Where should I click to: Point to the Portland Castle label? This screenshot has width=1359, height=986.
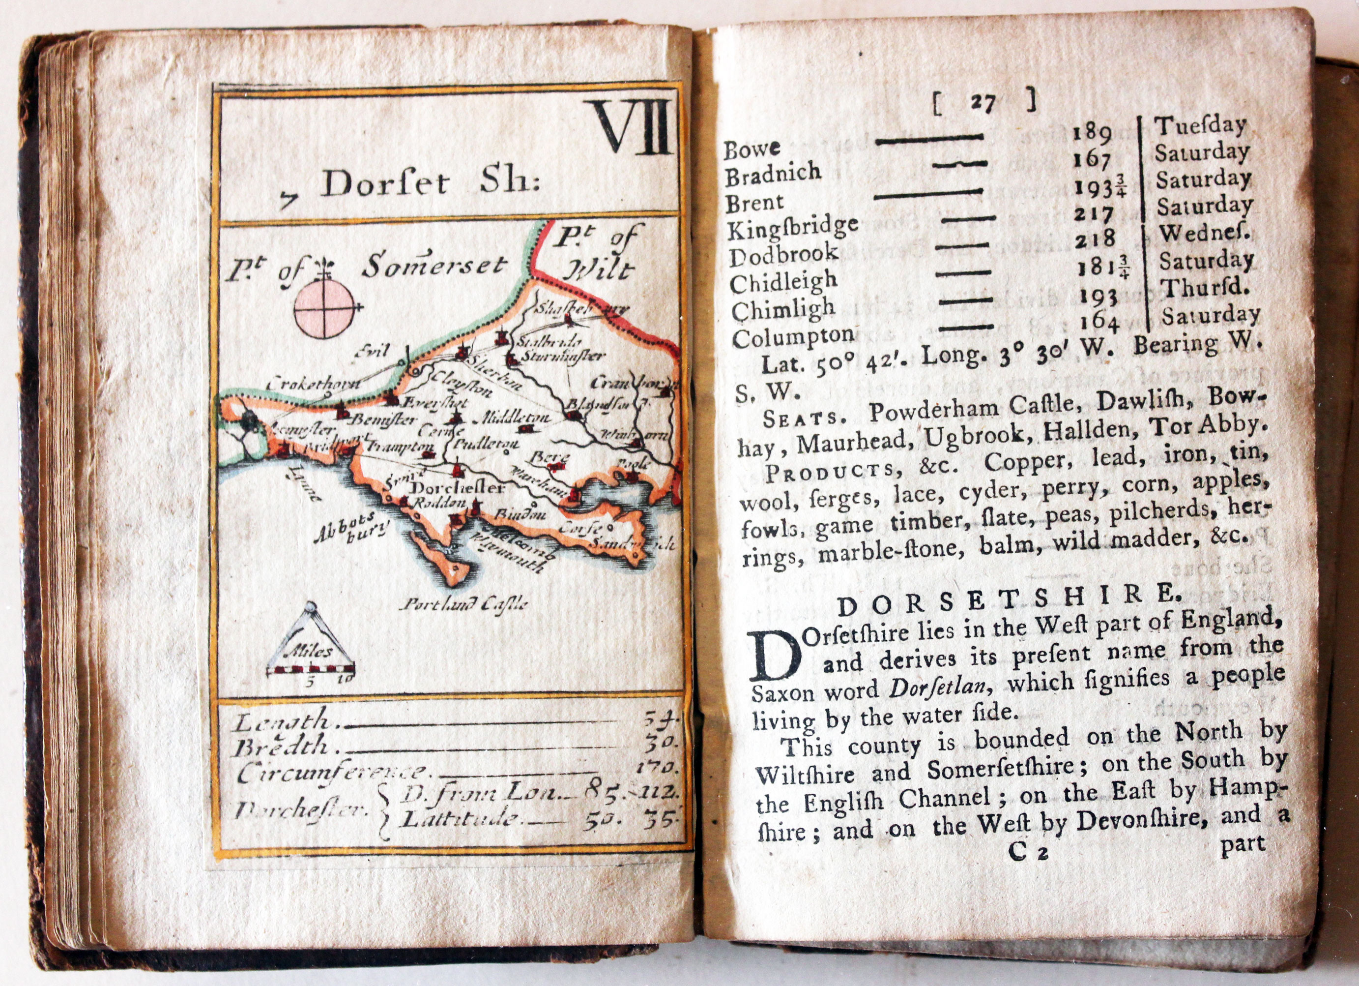(x=464, y=603)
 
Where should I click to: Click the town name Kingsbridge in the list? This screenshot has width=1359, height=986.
(x=793, y=227)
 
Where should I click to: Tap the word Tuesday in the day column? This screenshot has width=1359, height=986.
(x=1200, y=126)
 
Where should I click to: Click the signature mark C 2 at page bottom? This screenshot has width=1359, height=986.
(x=1028, y=852)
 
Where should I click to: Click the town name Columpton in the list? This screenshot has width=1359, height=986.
(x=793, y=338)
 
